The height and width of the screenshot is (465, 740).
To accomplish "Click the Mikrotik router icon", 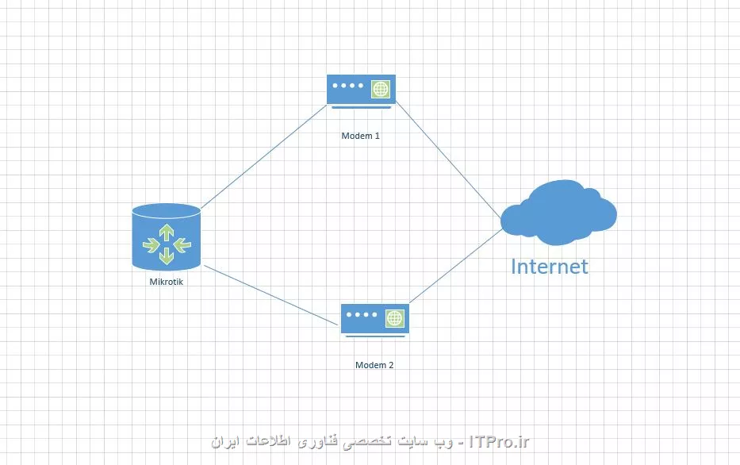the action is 167,237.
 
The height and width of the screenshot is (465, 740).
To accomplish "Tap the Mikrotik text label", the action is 166,282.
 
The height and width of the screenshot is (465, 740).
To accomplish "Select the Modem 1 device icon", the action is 361,91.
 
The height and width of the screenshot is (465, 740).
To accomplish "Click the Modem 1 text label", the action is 361,136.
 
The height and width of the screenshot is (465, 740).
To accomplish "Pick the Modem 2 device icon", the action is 375,320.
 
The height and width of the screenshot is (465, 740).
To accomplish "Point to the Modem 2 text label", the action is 374,365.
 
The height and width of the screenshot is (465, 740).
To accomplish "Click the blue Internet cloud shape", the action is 559,213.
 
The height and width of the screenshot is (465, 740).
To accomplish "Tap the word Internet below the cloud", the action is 550,267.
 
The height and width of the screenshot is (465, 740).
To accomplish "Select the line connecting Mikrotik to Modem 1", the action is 264,156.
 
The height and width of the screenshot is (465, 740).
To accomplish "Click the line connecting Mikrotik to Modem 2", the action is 272,295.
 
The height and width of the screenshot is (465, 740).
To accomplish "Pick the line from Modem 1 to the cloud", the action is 448,160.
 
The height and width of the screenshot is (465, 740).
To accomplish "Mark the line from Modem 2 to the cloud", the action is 456,266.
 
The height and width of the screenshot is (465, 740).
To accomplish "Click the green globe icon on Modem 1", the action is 381,89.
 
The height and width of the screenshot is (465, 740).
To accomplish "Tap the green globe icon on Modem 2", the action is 394,318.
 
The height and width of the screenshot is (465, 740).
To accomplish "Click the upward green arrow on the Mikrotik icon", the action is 167,232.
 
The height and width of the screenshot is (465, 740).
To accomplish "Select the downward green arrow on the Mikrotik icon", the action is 167,256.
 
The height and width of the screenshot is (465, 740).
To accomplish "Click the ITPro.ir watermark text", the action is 500,442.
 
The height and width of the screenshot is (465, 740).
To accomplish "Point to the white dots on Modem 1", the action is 348,86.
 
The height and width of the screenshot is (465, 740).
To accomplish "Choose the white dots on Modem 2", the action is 362,314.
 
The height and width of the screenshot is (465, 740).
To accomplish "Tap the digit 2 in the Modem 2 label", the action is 391,365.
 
